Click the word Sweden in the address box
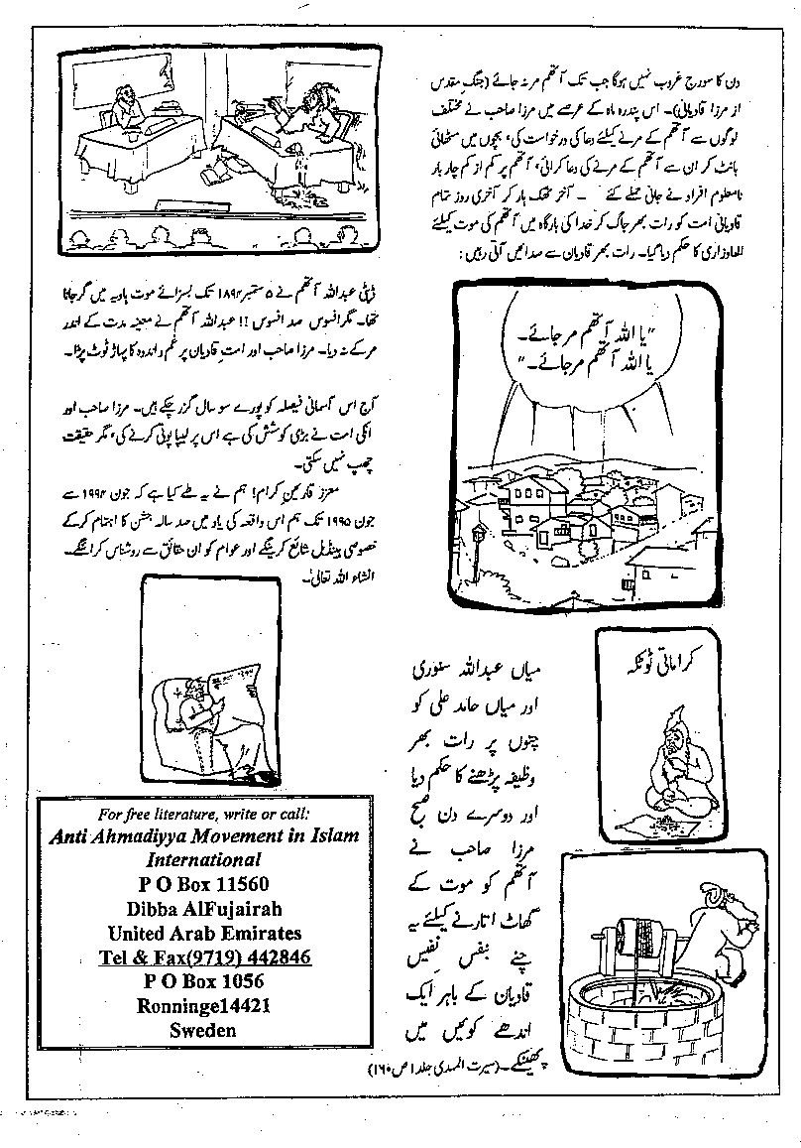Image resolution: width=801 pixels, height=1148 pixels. (204, 1029)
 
